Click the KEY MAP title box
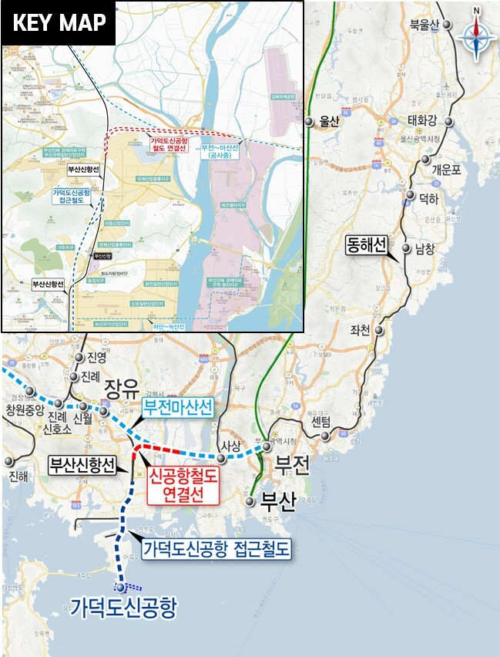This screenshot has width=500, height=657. tap(59, 23)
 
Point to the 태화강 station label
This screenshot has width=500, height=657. tap(423, 120)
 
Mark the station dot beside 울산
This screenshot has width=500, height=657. tap(308, 121)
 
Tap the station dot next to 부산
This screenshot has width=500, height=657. tap(251, 500)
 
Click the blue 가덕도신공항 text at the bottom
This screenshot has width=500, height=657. tap(123, 608)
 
